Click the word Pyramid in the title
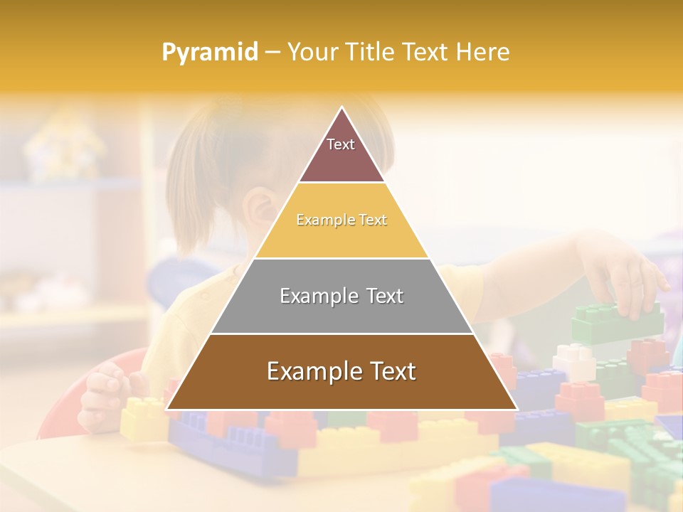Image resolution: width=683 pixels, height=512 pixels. [x=210, y=53]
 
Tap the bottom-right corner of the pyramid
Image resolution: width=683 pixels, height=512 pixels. [x=517, y=409]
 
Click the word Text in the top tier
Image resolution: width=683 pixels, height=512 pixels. [x=341, y=144]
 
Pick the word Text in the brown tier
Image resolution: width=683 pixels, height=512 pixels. [x=388, y=371]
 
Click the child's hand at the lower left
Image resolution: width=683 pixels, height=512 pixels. [x=103, y=395]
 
